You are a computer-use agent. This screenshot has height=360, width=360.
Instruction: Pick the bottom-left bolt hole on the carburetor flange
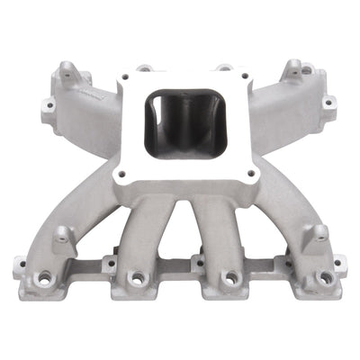pyautogui.click(x=117, y=170)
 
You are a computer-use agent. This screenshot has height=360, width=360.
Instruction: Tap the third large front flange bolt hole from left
pyautogui.click(x=230, y=279)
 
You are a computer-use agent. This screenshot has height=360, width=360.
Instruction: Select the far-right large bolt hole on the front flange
pyautogui.click(x=323, y=278)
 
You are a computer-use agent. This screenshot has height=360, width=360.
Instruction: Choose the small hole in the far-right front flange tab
pyautogui.click(x=338, y=263)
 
